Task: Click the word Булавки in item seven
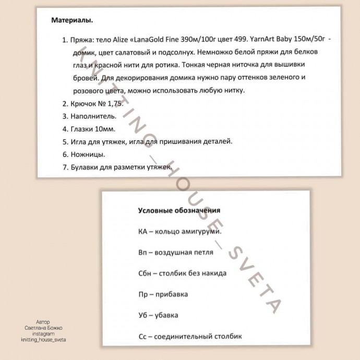coord(85,167)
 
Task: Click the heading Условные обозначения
coord(178,210)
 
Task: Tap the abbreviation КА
coord(143,231)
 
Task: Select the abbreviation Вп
coord(144,252)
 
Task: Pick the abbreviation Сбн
coord(146,273)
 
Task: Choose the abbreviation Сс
coord(143,337)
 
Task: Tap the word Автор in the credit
coord(44,322)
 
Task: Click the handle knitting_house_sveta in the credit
coord(44,339)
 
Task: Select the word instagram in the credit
coord(44,333)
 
